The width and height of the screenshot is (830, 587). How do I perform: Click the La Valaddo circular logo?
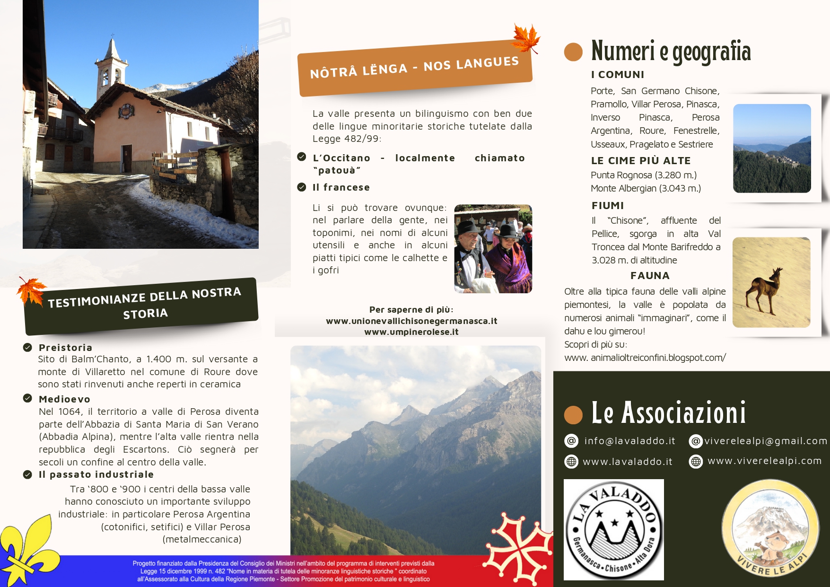tap(614, 530)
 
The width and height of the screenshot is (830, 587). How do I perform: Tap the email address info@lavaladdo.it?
tap(629, 441)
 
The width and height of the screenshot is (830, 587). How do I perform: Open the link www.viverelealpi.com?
tap(764, 461)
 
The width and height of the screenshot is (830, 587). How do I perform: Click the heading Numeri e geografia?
tap(671, 51)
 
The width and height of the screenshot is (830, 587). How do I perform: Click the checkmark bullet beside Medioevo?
tap(27, 398)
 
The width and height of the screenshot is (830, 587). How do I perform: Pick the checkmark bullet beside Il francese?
tap(302, 187)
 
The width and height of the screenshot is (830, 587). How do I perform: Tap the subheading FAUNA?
tap(650, 276)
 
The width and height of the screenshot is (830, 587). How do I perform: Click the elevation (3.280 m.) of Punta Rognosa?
tap(676, 175)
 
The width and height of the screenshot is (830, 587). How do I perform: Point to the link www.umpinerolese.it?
tap(411, 332)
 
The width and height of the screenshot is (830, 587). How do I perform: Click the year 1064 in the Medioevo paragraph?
tap(70, 412)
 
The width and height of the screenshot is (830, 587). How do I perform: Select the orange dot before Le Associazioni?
tap(573, 414)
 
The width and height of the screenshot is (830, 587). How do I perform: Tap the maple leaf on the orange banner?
tap(526, 38)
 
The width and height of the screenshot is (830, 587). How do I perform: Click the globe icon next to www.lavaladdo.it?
tap(571, 462)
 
